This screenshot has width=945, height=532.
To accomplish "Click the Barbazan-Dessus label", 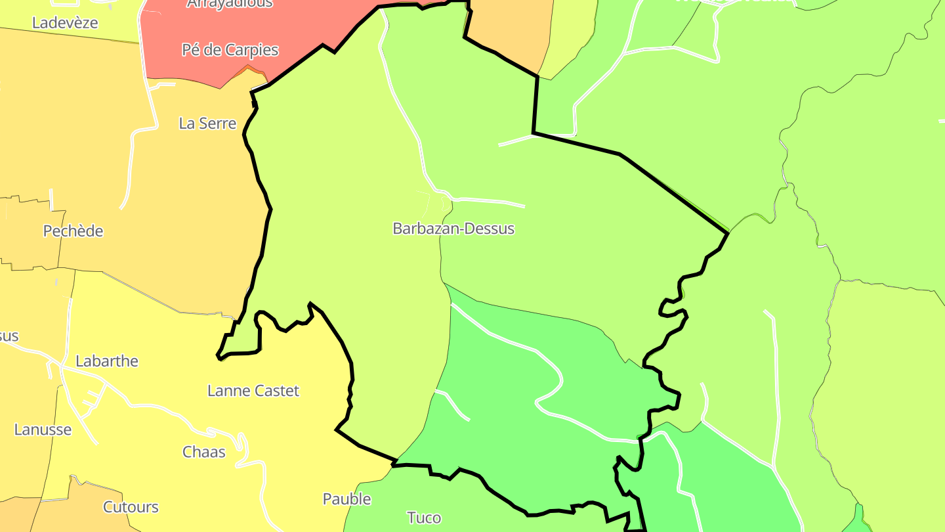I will coord(453,229).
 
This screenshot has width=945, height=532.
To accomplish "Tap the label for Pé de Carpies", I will coord(230,50).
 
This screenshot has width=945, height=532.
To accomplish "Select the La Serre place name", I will coord(207,123).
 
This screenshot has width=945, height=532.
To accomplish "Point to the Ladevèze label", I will coord(65,23).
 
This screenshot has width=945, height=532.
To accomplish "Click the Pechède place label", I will coord(73,231).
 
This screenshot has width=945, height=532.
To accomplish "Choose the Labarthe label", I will coord(107,361).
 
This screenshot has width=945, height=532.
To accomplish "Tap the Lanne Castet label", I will coord(253,391).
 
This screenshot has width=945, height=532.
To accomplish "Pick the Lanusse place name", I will coord(43,430).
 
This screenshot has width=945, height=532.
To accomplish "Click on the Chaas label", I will coord(203,452).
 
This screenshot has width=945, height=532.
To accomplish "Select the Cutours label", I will coord(131,507).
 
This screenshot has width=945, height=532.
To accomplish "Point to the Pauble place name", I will coord(346,499).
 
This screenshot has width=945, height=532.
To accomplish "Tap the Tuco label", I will coord(424,518).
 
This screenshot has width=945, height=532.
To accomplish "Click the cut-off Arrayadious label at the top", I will coord(230,4).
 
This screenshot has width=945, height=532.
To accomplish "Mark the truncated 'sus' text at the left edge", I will coord(9,336).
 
